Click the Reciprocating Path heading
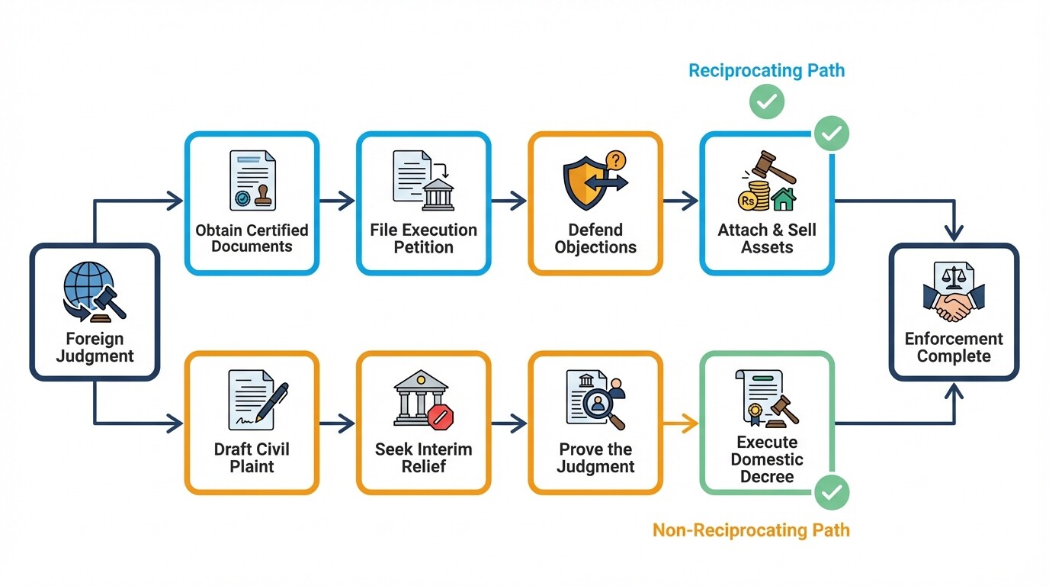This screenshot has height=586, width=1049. click(766, 71)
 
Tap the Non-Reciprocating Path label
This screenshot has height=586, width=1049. click(751, 530)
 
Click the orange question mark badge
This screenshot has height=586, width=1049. click(615, 160)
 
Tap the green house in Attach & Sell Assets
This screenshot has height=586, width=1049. click(783, 200)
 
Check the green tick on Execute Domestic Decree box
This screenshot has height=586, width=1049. click(831, 492)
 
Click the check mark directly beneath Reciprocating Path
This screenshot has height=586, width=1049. click(766, 101)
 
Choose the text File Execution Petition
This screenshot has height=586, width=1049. click(423, 238)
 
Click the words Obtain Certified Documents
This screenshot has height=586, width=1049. click(252, 238)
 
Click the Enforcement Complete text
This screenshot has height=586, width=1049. click(954, 347)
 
